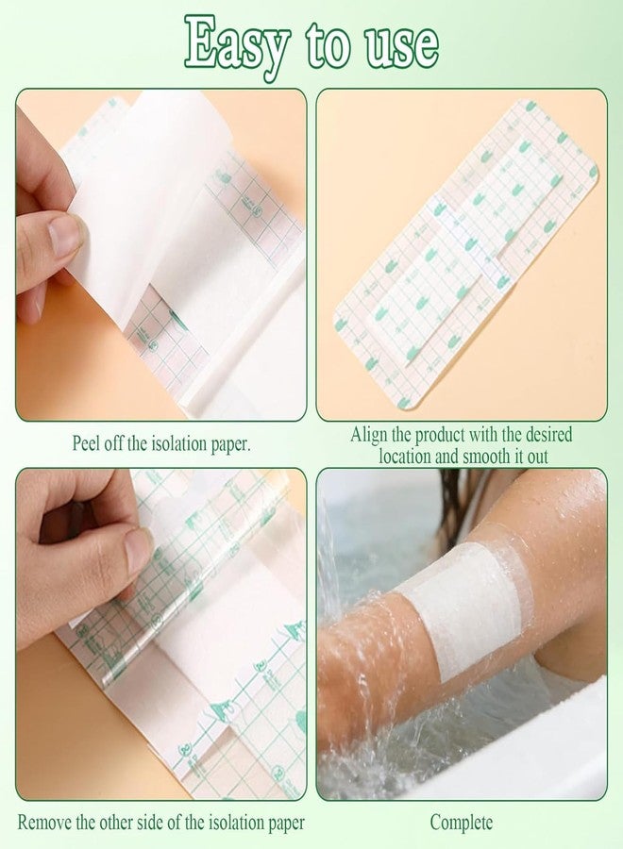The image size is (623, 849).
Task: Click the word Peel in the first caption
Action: click(85, 443)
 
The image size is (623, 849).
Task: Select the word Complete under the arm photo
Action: click(462, 823)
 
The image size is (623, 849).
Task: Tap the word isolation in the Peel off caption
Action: click(178, 443)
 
